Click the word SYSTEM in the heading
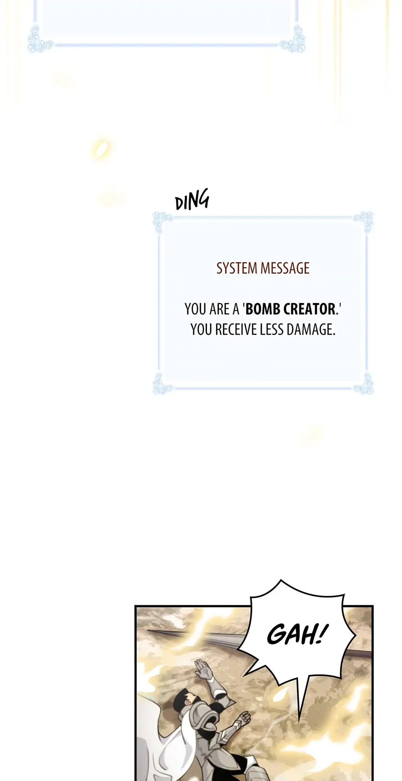coord(236,268)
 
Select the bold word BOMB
coord(261,309)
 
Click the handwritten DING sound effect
coord(192,200)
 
